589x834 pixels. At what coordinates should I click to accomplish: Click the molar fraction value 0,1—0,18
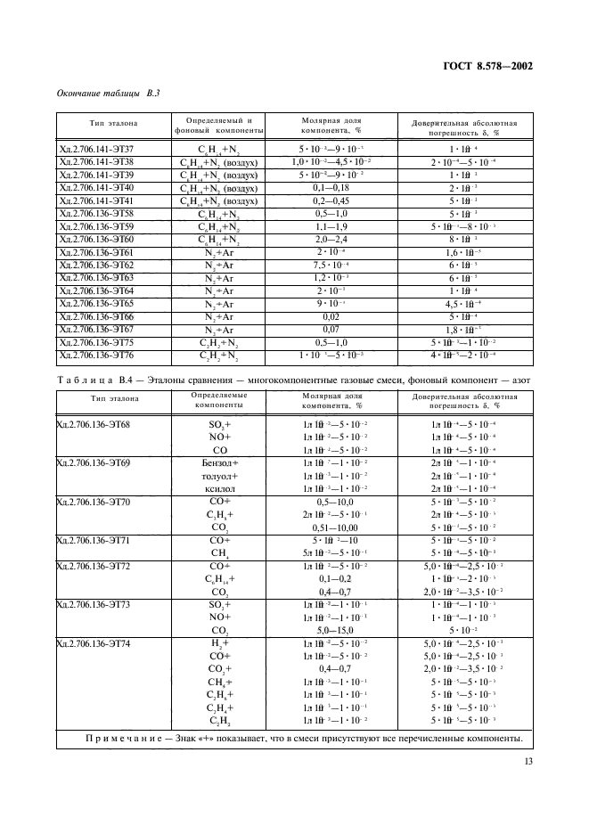(x=330, y=188)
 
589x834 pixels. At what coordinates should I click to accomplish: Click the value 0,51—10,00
(x=330, y=527)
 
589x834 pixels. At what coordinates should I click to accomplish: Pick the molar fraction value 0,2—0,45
(x=330, y=200)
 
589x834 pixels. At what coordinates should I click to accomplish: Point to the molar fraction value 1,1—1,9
(x=330, y=226)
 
